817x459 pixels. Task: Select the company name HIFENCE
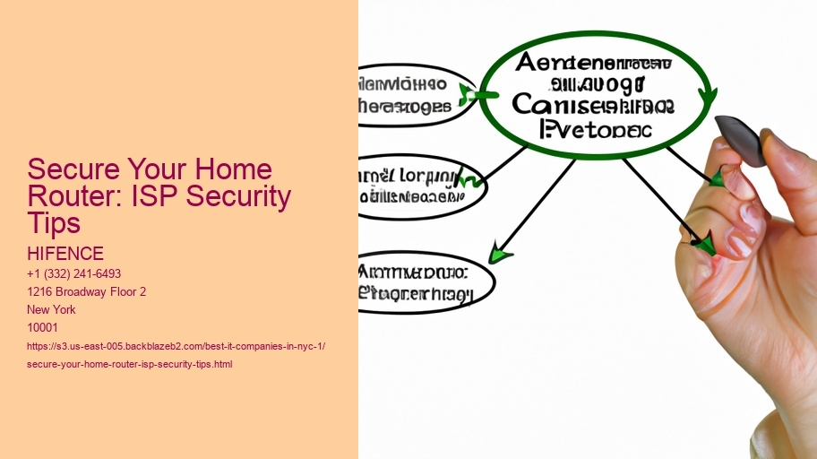[x=66, y=255]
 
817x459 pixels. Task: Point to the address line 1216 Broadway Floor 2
[x=88, y=291]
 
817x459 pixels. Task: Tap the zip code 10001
[x=44, y=327]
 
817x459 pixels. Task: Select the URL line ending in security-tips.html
[x=131, y=364]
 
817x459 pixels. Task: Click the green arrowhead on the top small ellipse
[x=468, y=93]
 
